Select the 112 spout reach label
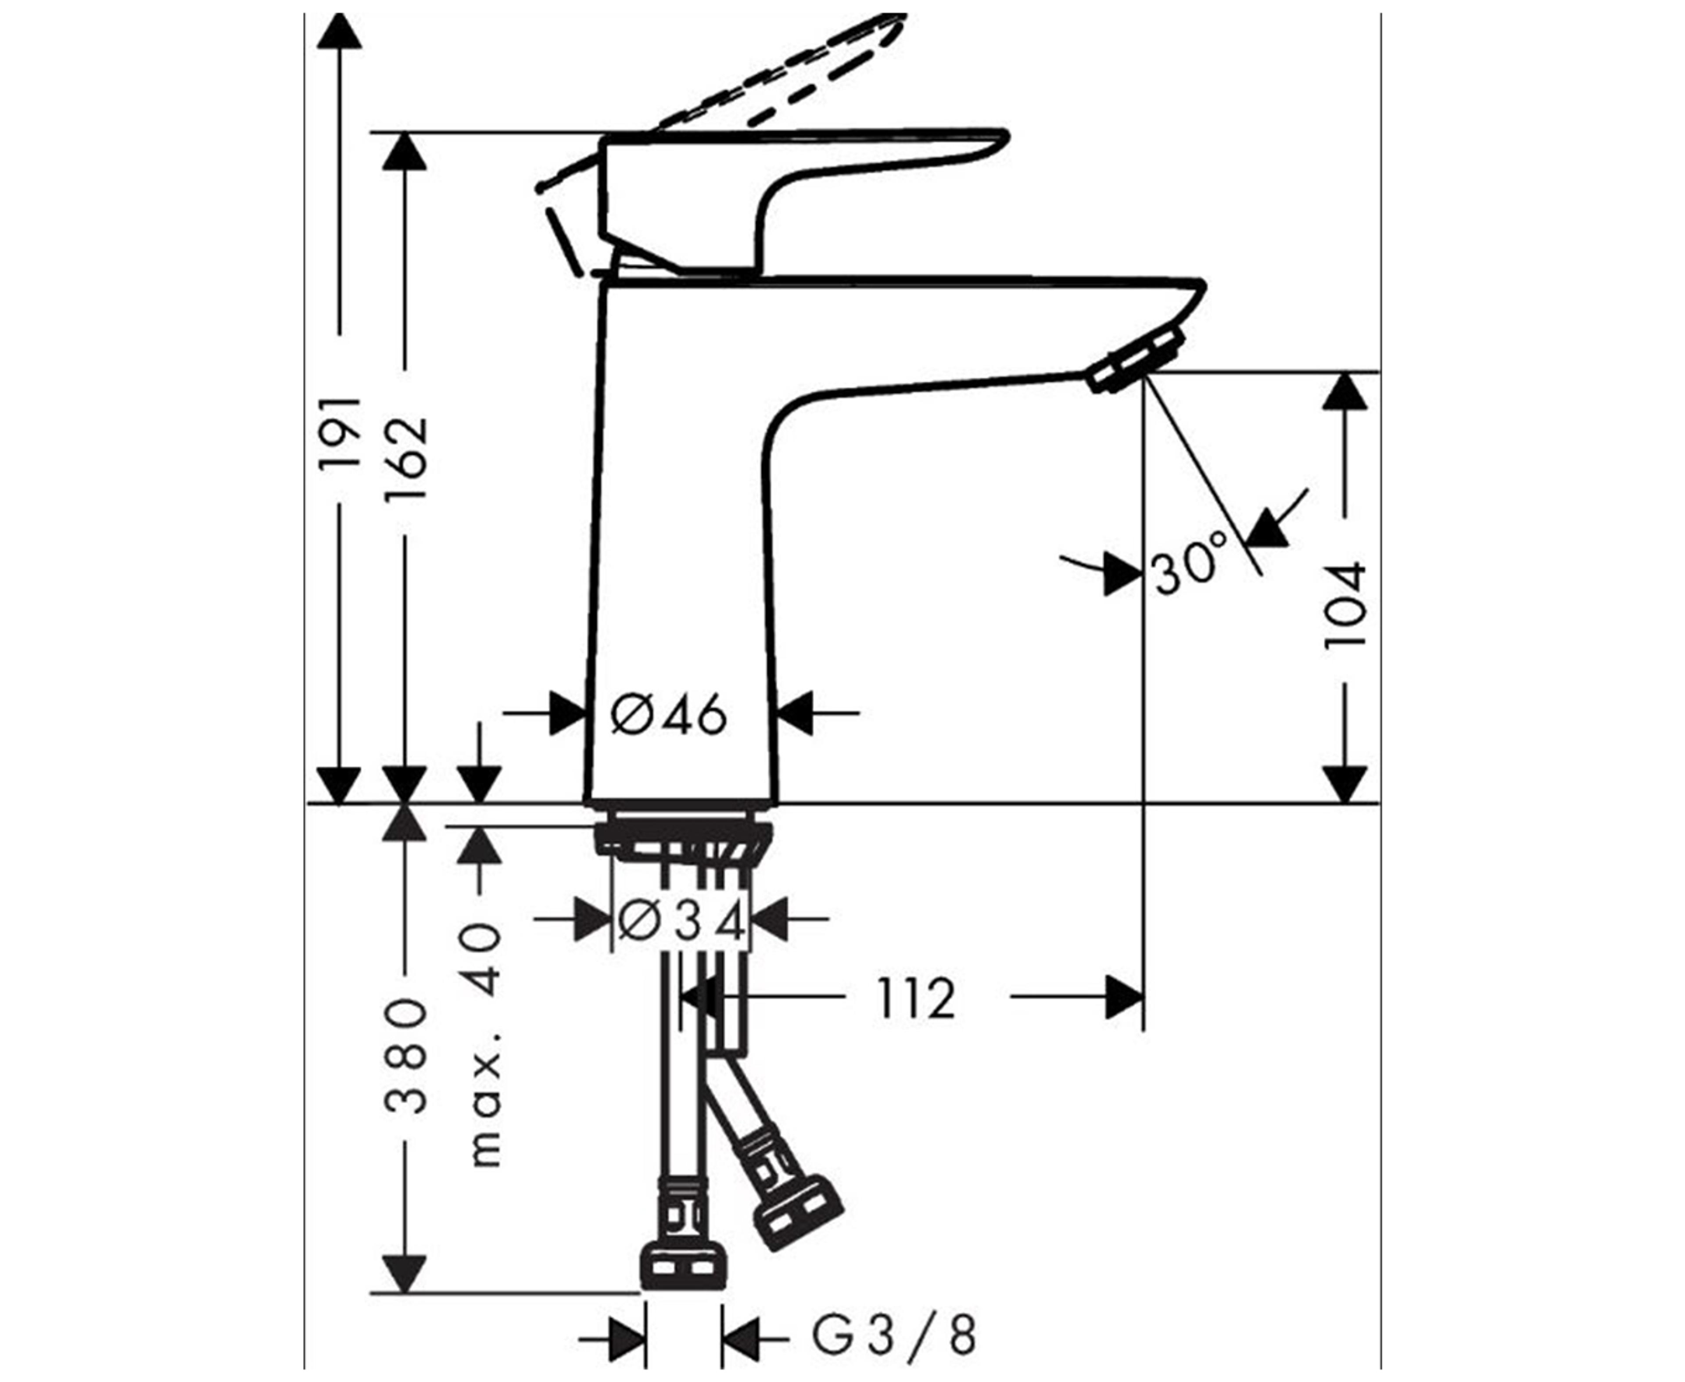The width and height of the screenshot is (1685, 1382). click(x=915, y=998)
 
